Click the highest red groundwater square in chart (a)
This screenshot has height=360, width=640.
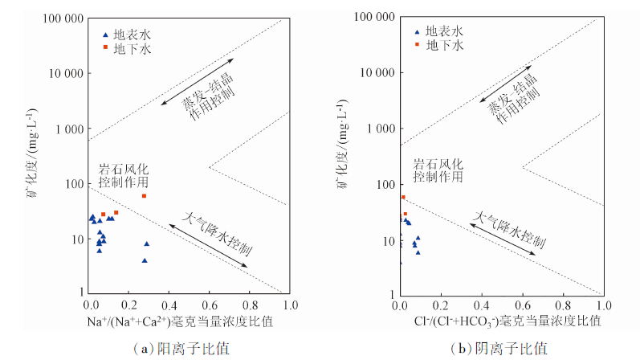144,196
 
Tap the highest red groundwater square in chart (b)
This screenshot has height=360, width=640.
403,197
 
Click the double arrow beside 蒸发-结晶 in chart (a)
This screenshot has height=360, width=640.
196,83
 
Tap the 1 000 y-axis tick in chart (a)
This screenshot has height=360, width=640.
67,129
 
